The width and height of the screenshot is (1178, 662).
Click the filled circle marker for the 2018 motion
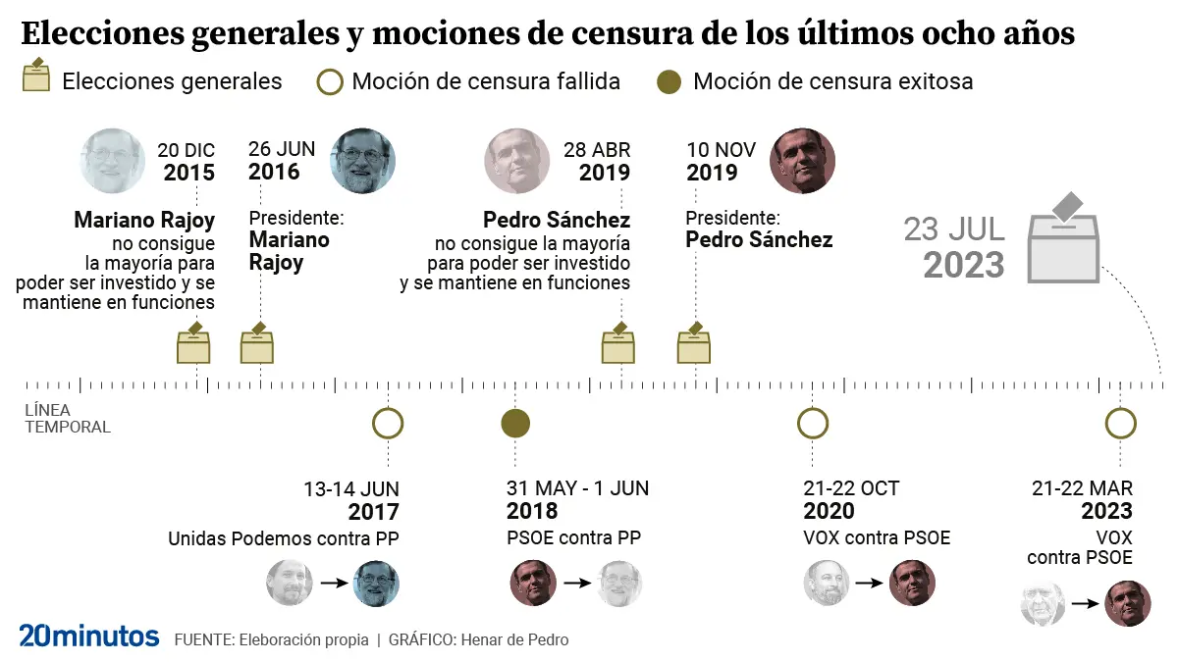pos(515,424)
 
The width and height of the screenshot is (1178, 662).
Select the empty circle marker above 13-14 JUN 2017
pos(389,424)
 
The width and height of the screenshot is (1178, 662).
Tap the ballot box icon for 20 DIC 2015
pos(194,344)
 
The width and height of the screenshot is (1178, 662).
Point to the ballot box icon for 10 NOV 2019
pos(694,344)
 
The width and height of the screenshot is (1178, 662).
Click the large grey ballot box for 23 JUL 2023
pos(1063,242)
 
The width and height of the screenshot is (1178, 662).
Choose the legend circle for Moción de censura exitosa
pos(669,81)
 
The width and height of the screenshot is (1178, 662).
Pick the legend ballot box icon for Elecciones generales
pos(36,76)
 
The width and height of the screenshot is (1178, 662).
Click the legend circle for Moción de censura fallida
pos(329,81)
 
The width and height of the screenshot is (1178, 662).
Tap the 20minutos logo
pos(89,636)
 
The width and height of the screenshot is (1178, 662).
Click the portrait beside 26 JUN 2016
pos(363,161)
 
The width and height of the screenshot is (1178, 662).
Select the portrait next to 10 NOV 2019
pos(803,161)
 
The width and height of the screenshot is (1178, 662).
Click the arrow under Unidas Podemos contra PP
pos(334,584)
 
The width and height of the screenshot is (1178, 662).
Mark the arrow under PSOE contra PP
pos(576,584)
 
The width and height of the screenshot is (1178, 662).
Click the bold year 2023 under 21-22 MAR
pos(1106,511)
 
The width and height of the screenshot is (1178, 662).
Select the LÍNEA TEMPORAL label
pos(67,419)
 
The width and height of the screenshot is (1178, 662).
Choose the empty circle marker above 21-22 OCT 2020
pos(813,424)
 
